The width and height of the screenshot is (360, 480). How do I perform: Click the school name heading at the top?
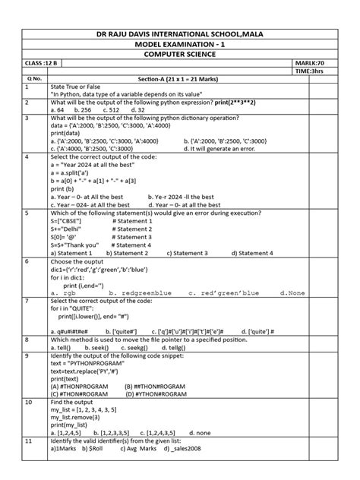pos(181,36)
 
